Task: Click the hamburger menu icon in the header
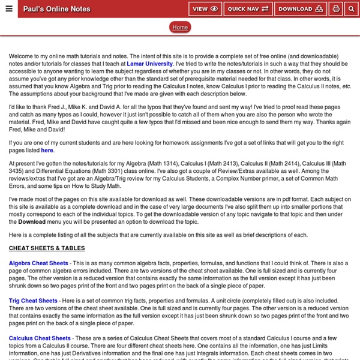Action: point(8,9)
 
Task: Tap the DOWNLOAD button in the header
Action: point(300,9)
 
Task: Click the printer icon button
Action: point(336,9)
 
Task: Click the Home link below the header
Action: point(180,27)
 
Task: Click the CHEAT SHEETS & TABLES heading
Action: point(47,248)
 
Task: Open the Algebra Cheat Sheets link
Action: point(38,263)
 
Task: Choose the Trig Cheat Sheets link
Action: point(34,301)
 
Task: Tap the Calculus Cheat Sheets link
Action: point(40,338)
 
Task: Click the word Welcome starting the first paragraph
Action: point(22,56)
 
